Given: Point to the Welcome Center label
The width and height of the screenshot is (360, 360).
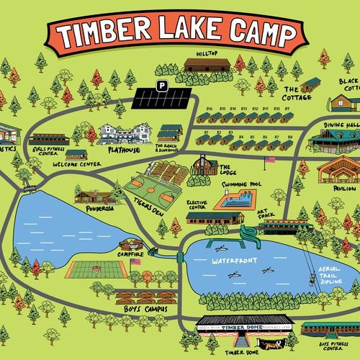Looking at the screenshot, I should click(75, 164).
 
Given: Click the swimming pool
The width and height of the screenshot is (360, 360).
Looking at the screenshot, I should click(238, 196).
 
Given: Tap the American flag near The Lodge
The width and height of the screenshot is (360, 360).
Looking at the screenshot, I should click(271, 158).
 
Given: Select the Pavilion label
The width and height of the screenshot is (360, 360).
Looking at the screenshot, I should click(341, 189).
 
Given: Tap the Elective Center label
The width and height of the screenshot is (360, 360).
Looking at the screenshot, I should click(199, 206).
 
